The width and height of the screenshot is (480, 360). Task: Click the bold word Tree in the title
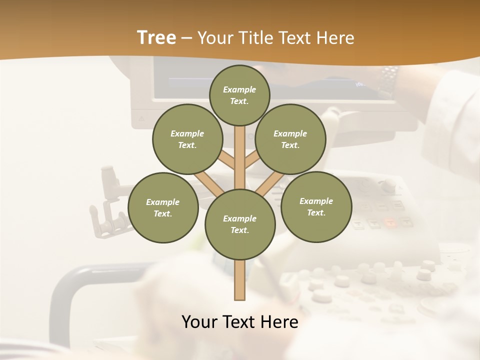(x=156, y=38)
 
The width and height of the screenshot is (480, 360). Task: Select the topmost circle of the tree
(x=239, y=95)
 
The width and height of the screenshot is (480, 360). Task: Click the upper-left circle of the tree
(x=187, y=139)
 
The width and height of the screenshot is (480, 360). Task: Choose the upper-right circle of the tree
(x=290, y=139)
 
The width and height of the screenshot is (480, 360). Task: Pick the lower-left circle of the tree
(x=163, y=207)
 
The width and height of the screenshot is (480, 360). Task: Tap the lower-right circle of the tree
(x=316, y=206)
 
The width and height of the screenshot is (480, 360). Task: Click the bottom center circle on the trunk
(x=240, y=224)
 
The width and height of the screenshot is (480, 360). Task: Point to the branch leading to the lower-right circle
(x=267, y=185)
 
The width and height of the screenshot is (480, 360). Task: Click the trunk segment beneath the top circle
(x=240, y=150)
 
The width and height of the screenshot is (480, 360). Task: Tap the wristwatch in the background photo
(x=389, y=80)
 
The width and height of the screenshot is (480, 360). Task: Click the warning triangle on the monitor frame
(x=141, y=119)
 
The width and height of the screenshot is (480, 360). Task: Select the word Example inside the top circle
(x=239, y=89)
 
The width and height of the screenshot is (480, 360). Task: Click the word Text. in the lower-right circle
(x=316, y=212)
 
